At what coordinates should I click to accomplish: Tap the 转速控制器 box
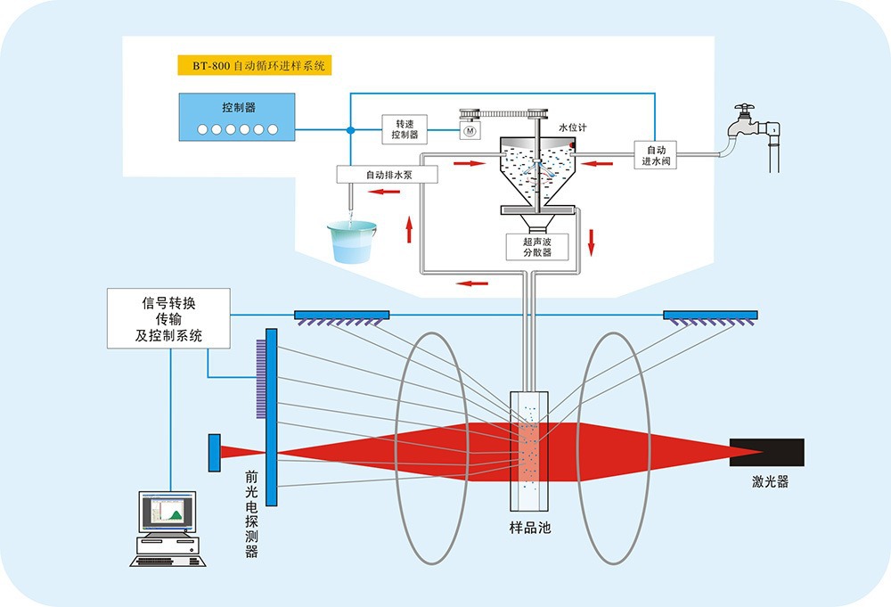tap(405, 129)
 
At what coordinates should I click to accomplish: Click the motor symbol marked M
tap(469, 131)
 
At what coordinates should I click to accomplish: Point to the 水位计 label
tap(572, 128)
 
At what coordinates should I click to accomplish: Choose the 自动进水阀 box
tap(655, 155)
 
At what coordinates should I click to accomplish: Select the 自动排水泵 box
tap(388, 175)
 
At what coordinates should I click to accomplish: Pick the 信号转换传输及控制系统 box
tap(168, 318)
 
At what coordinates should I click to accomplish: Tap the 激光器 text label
tap(769, 482)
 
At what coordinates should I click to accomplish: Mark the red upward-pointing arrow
tap(409, 229)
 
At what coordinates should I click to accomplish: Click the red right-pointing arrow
tap(470, 164)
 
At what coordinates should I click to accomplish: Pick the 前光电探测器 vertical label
tap(251, 514)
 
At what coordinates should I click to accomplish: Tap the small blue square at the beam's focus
tap(215, 452)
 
